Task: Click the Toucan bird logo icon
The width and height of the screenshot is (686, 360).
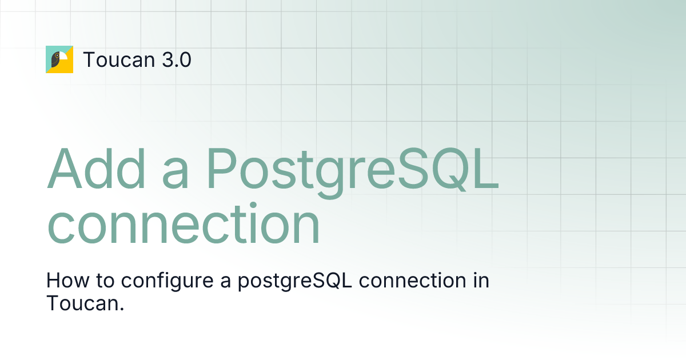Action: coord(59,59)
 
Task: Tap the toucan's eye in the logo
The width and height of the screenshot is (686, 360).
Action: coord(56,56)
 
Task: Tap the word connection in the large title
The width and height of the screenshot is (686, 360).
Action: coord(183,226)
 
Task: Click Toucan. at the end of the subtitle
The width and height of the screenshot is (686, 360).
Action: coord(85,303)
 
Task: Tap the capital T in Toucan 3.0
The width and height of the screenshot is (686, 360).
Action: coord(89,59)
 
